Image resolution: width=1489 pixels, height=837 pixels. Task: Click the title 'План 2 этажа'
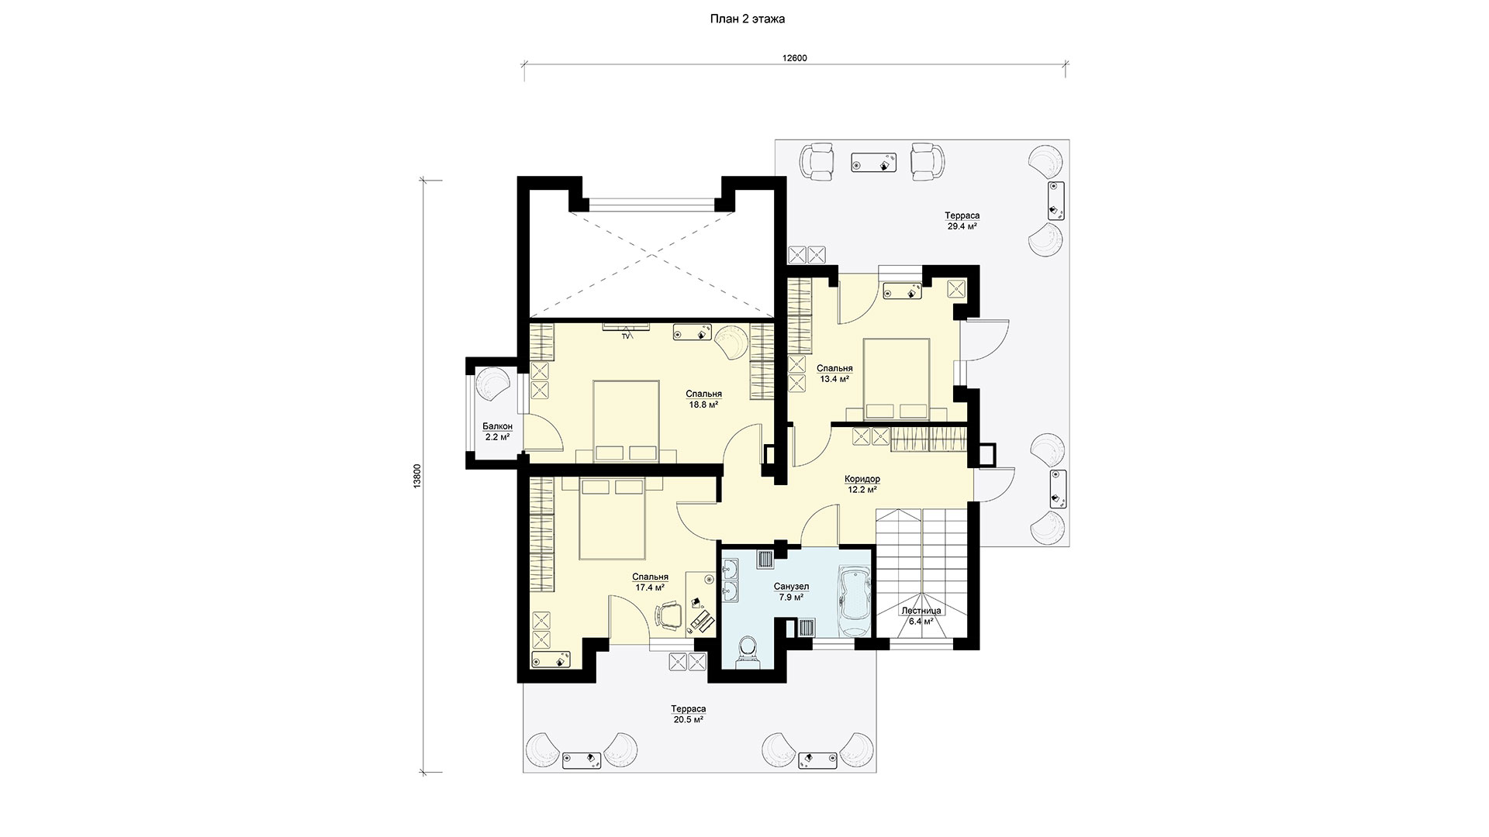pyautogui.click(x=748, y=19)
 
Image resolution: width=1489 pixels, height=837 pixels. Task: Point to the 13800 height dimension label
pyautogui.click(x=417, y=476)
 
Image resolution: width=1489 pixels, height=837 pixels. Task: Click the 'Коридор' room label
pyautogui.click(x=862, y=479)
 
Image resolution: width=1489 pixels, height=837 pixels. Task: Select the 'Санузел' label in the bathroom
pyautogui.click(x=791, y=587)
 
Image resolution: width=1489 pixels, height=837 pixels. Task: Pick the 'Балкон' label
pyautogui.click(x=497, y=426)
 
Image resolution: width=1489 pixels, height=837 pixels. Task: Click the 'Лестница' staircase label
pyautogui.click(x=921, y=611)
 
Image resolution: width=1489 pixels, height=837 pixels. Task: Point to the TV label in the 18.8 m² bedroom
pyautogui.click(x=625, y=336)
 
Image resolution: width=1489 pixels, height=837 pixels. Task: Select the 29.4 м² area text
pyautogui.click(x=962, y=226)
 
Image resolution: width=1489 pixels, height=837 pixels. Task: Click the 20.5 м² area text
pyautogui.click(x=689, y=719)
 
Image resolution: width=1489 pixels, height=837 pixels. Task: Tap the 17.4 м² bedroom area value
pyautogui.click(x=650, y=587)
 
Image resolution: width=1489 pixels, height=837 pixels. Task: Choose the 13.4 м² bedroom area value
pyautogui.click(x=834, y=379)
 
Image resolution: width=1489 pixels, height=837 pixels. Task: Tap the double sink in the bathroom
pyautogui.click(x=730, y=584)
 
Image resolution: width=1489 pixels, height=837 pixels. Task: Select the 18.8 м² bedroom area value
pyautogui.click(x=704, y=405)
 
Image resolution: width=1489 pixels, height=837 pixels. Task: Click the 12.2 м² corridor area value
pyautogui.click(x=862, y=490)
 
